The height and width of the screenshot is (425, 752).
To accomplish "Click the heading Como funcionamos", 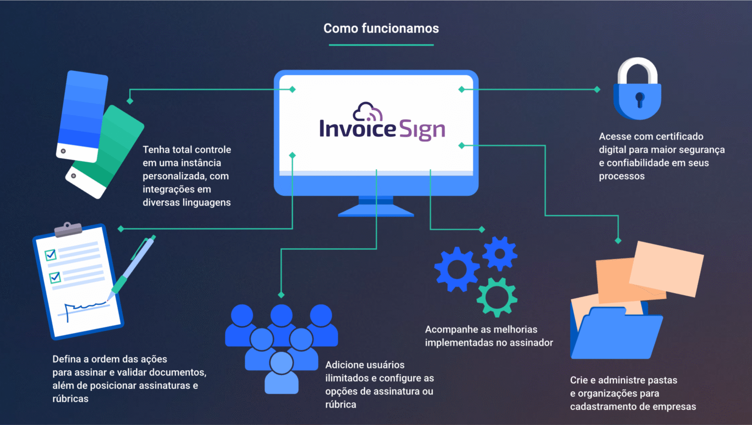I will [381, 28].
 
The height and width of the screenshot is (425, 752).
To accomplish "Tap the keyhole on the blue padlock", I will [639, 99].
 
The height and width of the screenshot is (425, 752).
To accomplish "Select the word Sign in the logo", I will [422, 130].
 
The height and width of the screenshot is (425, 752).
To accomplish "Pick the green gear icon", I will [497, 297].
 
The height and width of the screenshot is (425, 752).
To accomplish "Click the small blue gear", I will [500, 254].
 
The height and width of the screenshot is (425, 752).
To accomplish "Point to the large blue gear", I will [457, 269].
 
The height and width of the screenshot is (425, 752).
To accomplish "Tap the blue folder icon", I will [617, 333].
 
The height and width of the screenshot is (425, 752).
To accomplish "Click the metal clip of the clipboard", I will [68, 229].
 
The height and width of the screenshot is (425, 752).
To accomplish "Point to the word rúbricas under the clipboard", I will [70, 399].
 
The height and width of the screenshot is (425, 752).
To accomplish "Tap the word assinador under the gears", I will [531, 343].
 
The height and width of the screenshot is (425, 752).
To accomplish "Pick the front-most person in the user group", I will [281, 372].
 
